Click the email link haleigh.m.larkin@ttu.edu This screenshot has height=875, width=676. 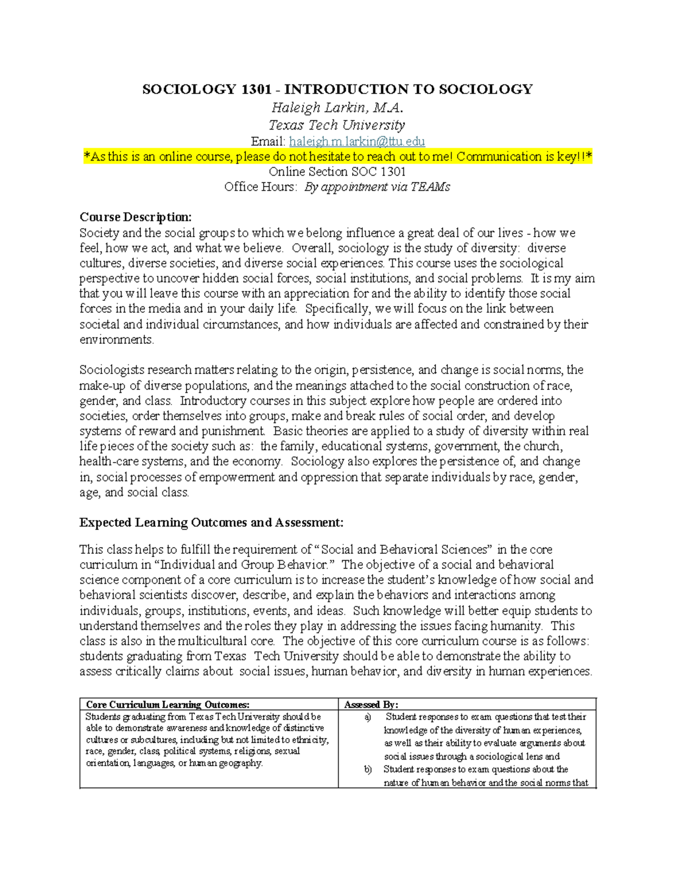357,141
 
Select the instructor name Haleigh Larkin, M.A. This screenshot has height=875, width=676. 337,108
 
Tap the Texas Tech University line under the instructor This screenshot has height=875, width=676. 337,125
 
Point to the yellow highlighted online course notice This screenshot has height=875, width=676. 337,157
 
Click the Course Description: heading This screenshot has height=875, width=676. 135,217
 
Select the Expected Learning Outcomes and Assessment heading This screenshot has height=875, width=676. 211,523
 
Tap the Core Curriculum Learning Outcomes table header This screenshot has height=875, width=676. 167,704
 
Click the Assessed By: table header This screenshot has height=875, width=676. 371,704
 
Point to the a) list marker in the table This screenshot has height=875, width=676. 368,717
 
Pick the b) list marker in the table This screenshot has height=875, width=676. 368,770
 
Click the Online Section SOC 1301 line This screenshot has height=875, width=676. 337,172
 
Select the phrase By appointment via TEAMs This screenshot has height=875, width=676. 377,187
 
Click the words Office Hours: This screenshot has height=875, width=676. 260,187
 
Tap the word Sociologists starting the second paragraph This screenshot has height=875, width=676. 112,370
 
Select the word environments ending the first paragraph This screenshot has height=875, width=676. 116,340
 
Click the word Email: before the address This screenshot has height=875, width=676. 268,141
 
